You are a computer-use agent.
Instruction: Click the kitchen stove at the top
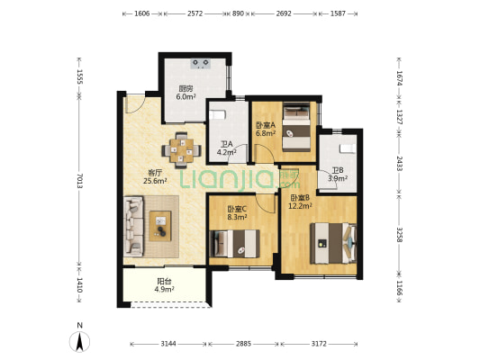coord(201,64)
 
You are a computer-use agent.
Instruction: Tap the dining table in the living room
coord(182,150)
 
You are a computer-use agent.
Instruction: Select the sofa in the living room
coord(133,226)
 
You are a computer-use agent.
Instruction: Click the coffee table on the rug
coord(160,226)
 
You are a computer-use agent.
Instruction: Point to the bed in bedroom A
coord(296,126)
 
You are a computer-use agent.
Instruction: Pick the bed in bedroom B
coord(333,243)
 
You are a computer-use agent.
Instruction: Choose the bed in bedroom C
coord(234,244)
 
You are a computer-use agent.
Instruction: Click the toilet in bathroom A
coord(217,114)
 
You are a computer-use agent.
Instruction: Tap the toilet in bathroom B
coord(348,148)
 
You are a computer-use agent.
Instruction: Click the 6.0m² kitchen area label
coord(186,97)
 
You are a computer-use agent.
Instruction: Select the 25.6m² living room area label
coord(155,181)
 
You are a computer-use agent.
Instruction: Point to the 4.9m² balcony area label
coord(165,289)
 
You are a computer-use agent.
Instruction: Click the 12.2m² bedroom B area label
coord(300,206)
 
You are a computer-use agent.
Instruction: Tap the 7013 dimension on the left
coord(79,181)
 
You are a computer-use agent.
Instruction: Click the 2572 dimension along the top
coord(195,13)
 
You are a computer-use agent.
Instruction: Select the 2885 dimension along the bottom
coord(243,344)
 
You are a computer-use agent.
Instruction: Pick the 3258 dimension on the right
coord(399,235)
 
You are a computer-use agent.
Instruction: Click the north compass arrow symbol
coord(79,342)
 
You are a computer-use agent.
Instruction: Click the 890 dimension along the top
coord(238,13)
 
